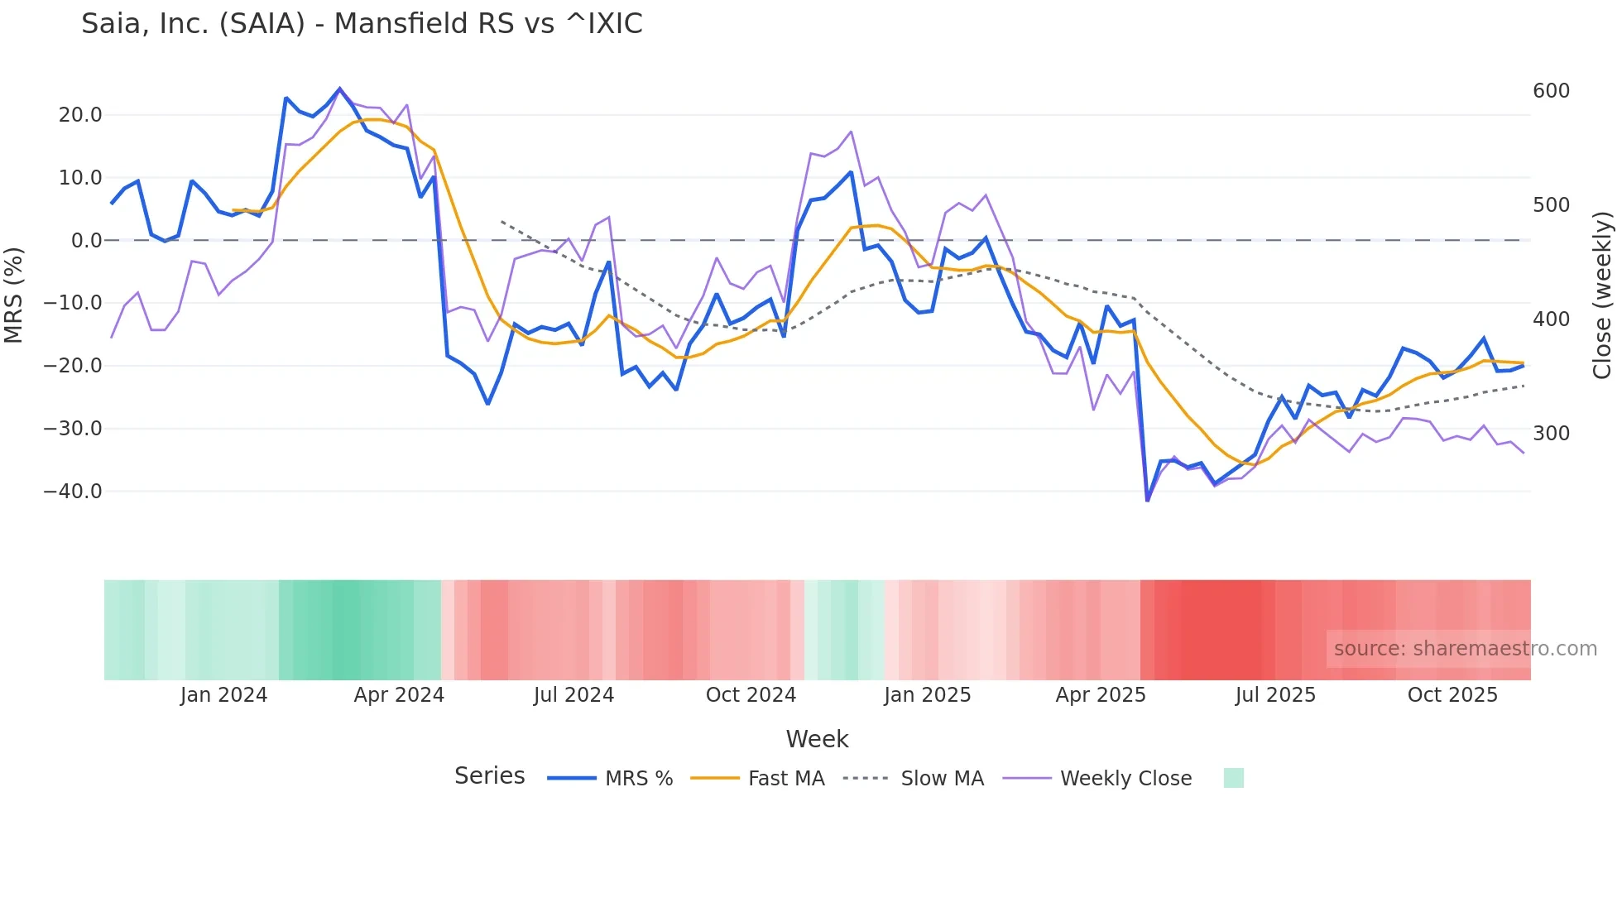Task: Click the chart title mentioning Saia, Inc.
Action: click(362, 23)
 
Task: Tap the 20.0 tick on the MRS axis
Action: click(80, 115)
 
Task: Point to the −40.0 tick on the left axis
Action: click(73, 492)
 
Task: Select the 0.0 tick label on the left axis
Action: click(86, 241)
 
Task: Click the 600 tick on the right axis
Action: click(1551, 91)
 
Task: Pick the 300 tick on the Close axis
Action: click(1551, 434)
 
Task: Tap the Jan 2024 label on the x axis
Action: click(223, 695)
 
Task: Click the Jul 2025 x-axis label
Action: click(1275, 695)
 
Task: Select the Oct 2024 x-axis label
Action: click(751, 695)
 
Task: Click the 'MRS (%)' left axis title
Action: click(14, 295)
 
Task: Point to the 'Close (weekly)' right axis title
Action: click(1603, 295)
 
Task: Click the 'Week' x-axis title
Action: click(817, 739)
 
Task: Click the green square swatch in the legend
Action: click(1233, 778)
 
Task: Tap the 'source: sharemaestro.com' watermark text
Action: click(1465, 649)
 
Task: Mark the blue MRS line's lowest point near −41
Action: click(1147, 500)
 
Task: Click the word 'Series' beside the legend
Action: click(489, 776)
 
